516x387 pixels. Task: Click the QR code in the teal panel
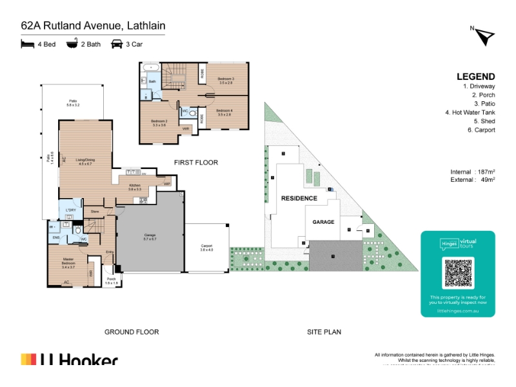[x=458, y=273]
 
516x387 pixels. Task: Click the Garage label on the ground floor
[x=150, y=237]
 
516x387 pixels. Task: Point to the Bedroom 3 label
[x=225, y=81]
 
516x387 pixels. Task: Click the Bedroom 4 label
[x=223, y=112]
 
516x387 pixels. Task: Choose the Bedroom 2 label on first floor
[x=159, y=123]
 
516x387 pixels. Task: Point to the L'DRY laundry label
[x=70, y=210]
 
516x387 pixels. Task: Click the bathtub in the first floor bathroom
[x=152, y=67]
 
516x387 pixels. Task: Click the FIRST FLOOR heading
[x=196, y=163]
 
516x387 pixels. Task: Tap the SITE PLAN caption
[x=324, y=332]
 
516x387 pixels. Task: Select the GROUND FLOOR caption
[x=132, y=332]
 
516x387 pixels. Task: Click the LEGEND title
[x=476, y=76]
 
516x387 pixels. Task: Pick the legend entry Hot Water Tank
[x=470, y=112]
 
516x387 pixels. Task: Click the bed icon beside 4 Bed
[x=27, y=44]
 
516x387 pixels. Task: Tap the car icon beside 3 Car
[x=117, y=44]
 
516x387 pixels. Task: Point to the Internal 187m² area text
[x=473, y=172]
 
